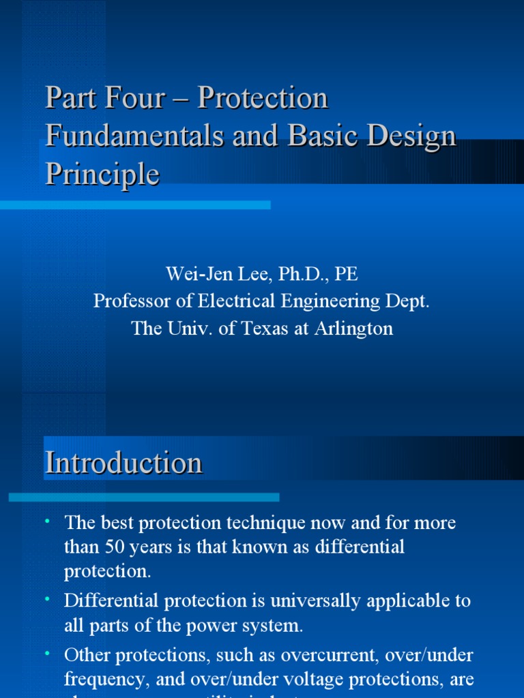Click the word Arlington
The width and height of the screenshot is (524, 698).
tap(353, 329)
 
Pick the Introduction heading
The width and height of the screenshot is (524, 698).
tap(123, 464)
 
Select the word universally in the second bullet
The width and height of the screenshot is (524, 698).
tap(300, 601)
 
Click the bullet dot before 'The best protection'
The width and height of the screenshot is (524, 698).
tap(48, 522)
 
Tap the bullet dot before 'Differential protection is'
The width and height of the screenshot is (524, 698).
tap(48, 600)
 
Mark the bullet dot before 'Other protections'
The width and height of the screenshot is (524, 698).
tap(48, 654)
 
